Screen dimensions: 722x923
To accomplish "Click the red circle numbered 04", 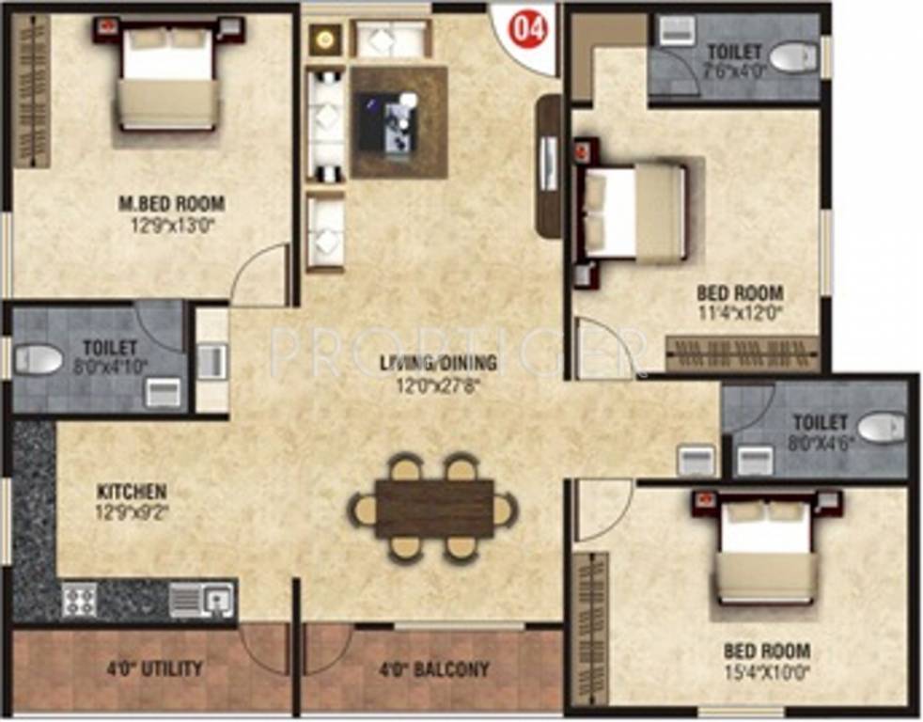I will (527, 29).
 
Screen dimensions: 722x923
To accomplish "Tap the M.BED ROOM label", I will (172, 203).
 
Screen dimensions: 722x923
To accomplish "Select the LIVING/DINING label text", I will (439, 362).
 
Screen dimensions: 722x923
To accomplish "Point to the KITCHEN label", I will (132, 492).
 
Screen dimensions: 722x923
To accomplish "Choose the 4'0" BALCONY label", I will (434, 670).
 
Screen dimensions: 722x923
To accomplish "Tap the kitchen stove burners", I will (79, 599).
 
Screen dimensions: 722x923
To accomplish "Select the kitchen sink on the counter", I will (202, 599).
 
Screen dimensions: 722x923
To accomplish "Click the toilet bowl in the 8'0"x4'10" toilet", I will (39, 359).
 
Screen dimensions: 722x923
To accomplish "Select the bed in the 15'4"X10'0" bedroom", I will (765, 554).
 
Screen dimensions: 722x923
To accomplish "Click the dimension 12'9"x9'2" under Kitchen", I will (132, 512).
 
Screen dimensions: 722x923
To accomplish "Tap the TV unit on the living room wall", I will (548, 165).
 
